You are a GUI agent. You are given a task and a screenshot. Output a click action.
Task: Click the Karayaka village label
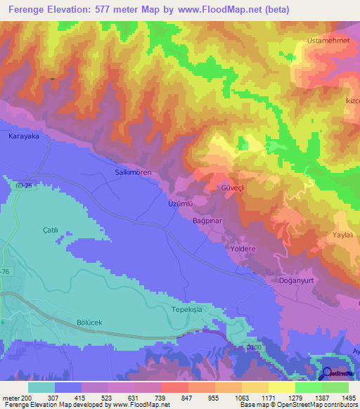click(x=24, y=136)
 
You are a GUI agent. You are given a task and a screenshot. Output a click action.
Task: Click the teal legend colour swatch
click(x=41, y=387)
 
